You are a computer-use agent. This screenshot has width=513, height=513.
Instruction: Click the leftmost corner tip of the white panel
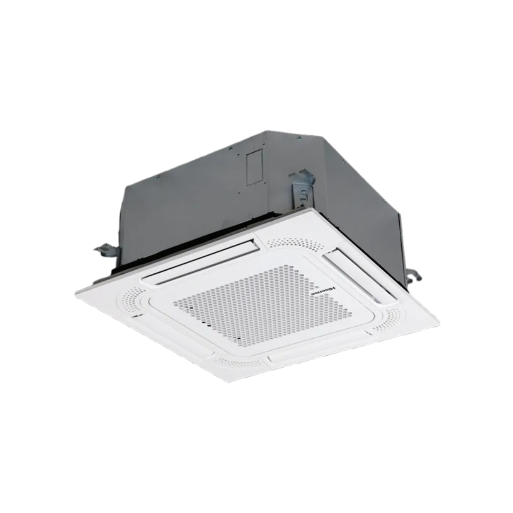tap(77, 295)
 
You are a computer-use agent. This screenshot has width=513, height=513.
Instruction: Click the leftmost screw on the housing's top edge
tap(158, 176)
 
